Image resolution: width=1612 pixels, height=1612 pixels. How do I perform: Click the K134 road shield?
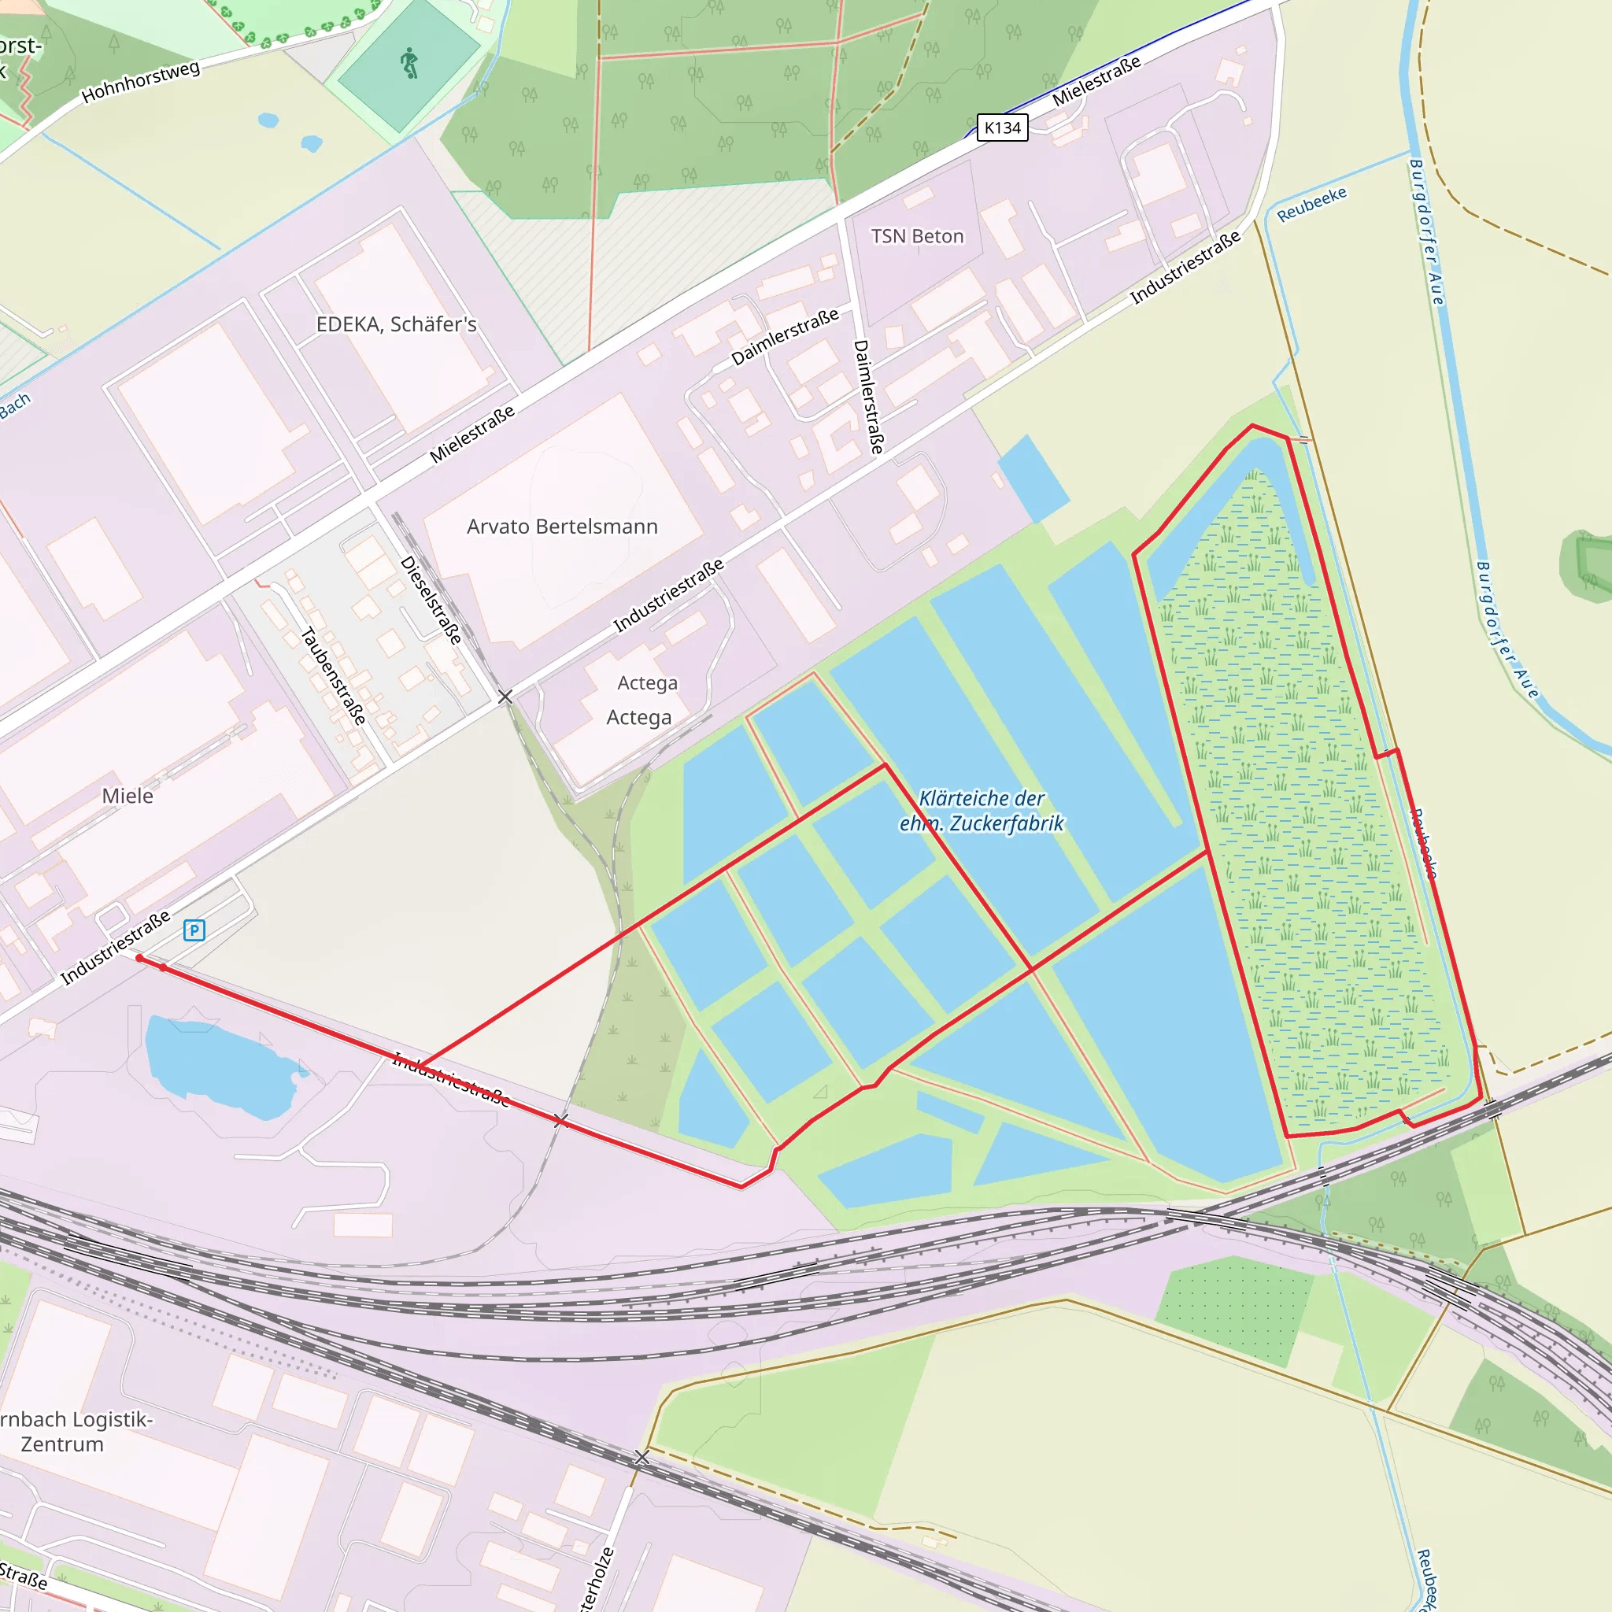point(1002,128)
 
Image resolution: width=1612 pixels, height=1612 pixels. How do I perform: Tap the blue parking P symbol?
point(194,930)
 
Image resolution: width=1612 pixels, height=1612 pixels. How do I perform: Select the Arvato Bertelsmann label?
point(561,527)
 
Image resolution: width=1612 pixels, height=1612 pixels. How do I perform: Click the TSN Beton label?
point(917,236)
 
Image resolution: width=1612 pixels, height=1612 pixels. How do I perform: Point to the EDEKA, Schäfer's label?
point(397,324)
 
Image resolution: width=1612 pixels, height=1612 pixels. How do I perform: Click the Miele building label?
point(128,795)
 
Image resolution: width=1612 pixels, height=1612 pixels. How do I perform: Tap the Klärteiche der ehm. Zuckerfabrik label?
point(982,810)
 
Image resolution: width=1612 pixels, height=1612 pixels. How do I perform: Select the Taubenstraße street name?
point(333,675)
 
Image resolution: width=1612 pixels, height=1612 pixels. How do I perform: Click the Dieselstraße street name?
point(431,600)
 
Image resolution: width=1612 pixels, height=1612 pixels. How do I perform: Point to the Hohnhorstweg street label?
point(141,82)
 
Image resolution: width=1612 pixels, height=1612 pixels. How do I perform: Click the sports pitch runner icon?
point(409,64)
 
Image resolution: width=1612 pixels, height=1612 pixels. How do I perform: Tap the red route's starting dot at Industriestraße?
point(139,959)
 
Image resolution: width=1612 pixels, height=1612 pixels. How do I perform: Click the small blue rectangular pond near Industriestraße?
point(1033,477)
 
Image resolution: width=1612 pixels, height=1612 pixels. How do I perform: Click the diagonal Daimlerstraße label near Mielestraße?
point(784,336)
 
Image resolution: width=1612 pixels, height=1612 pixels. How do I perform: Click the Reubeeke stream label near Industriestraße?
point(1311,204)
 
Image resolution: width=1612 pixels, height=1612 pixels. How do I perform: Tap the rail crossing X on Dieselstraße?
point(505,696)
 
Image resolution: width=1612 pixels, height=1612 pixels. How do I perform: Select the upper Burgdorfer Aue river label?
point(1425,231)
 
